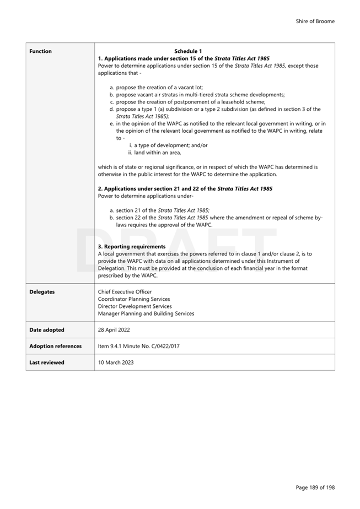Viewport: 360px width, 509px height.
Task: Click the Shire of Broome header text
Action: [x=315, y=21]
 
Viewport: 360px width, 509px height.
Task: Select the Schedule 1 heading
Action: [x=188, y=51]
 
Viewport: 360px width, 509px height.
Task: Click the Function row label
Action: [x=40, y=51]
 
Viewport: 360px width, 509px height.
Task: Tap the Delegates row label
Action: [x=42, y=292]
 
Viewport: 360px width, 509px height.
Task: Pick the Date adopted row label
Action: [x=46, y=330]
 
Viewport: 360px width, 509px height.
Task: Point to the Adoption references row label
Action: [x=55, y=346]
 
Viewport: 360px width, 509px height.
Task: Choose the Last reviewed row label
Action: [x=46, y=362]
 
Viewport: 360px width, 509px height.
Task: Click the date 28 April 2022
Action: [x=115, y=330]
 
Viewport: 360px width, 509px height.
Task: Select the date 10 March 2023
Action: [x=116, y=362]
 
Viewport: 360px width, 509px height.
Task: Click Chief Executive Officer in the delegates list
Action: [x=125, y=292]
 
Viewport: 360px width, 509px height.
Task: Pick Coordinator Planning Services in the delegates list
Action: [x=134, y=299]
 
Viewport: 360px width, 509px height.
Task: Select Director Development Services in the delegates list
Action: [x=135, y=306]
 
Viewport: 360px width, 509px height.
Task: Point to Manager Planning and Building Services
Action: [x=146, y=313]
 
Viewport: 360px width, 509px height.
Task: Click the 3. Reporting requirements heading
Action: [x=132, y=246]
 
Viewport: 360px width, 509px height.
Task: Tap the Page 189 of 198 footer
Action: [x=315, y=488]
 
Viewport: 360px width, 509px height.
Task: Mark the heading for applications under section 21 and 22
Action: [x=185, y=189]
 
